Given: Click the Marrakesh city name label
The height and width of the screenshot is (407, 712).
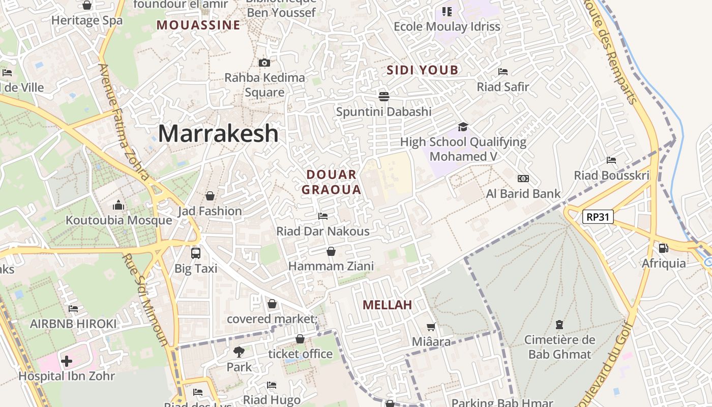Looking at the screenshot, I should click(218, 134).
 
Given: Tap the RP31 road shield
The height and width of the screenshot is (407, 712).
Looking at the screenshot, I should click(598, 217).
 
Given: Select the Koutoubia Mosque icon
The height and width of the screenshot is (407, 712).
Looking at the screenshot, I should click(118, 205).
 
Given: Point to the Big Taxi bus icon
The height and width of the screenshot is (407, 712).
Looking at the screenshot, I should click(195, 253).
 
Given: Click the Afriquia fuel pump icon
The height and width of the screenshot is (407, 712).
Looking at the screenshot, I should click(664, 248).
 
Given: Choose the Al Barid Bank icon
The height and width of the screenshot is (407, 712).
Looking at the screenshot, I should click(523, 179).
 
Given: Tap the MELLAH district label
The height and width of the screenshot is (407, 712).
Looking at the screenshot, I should click(387, 305).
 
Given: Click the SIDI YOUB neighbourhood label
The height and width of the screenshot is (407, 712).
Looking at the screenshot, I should click(423, 70).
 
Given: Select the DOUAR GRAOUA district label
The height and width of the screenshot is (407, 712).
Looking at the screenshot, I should click(332, 182).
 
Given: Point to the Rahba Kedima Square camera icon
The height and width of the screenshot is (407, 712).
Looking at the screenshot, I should click(264, 63).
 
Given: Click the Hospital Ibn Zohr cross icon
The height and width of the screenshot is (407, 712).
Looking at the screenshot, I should click(67, 361).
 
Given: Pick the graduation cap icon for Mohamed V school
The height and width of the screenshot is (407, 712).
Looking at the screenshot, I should click(463, 127).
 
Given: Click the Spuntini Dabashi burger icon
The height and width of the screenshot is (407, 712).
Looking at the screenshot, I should click(383, 96).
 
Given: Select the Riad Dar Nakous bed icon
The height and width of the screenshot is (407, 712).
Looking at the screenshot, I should click(323, 216).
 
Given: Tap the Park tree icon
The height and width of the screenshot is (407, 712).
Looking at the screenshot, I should click(239, 351).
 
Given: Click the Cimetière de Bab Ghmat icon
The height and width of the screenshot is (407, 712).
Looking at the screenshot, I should click(559, 324).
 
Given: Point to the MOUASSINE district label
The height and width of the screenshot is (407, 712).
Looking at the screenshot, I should click(198, 25).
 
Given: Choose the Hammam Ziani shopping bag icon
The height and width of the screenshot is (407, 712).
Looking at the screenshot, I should click(331, 251).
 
